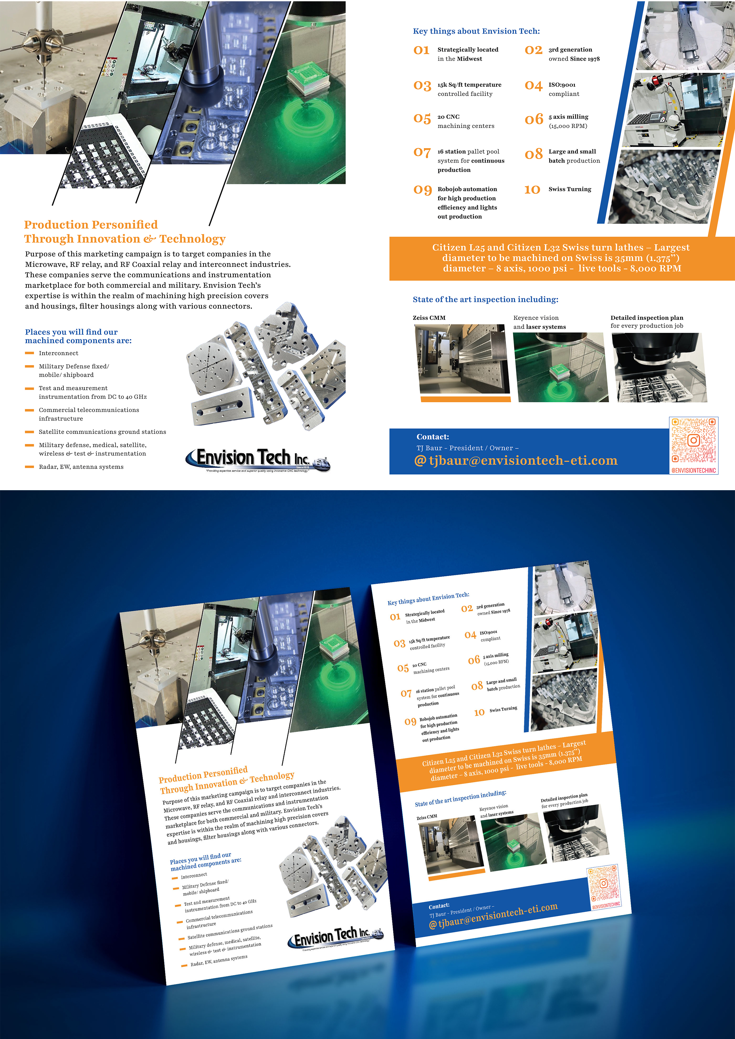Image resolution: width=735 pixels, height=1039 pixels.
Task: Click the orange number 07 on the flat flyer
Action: (x=422, y=153)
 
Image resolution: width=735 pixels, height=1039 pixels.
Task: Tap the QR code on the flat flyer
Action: (x=693, y=440)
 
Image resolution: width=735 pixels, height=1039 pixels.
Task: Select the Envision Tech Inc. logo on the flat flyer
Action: (x=257, y=459)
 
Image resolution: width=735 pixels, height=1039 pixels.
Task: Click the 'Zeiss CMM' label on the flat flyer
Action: (x=429, y=318)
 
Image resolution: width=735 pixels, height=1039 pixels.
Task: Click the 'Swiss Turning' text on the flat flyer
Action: (x=570, y=189)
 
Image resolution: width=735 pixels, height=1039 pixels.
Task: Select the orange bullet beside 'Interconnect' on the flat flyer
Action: (x=29, y=353)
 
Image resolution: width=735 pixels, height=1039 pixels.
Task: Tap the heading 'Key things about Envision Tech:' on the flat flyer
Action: (x=476, y=31)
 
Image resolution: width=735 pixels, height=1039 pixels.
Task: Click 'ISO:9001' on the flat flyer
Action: (x=562, y=85)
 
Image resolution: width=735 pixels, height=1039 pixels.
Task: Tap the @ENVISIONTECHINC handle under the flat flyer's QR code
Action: (x=693, y=470)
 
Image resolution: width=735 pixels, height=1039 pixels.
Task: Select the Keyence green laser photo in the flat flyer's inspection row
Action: (x=561, y=367)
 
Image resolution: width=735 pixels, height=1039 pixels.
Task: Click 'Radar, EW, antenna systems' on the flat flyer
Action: (x=81, y=466)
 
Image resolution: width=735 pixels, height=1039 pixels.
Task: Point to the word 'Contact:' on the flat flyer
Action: (x=432, y=437)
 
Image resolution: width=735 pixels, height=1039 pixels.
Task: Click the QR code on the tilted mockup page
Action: (x=603, y=884)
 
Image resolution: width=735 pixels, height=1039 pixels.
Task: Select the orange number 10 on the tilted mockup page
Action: (x=479, y=713)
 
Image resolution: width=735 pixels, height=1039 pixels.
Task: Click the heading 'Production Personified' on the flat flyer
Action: (x=91, y=225)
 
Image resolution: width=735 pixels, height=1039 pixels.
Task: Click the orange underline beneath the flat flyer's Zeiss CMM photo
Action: (x=466, y=399)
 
